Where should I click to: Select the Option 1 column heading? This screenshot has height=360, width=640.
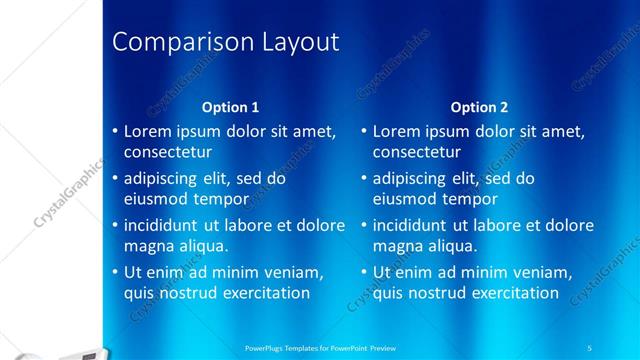pyautogui.click(x=230, y=107)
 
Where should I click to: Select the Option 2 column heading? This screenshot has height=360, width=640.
pyautogui.click(x=479, y=107)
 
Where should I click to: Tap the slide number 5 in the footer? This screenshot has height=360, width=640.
pyautogui.click(x=589, y=346)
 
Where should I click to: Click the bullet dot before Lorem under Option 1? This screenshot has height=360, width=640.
pyautogui.click(x=114, y=132)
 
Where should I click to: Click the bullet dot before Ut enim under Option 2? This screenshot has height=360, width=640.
pyautogui.click(x=363, y=272)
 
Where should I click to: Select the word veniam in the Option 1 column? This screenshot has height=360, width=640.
pyautogui.click(x=295, y=272)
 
